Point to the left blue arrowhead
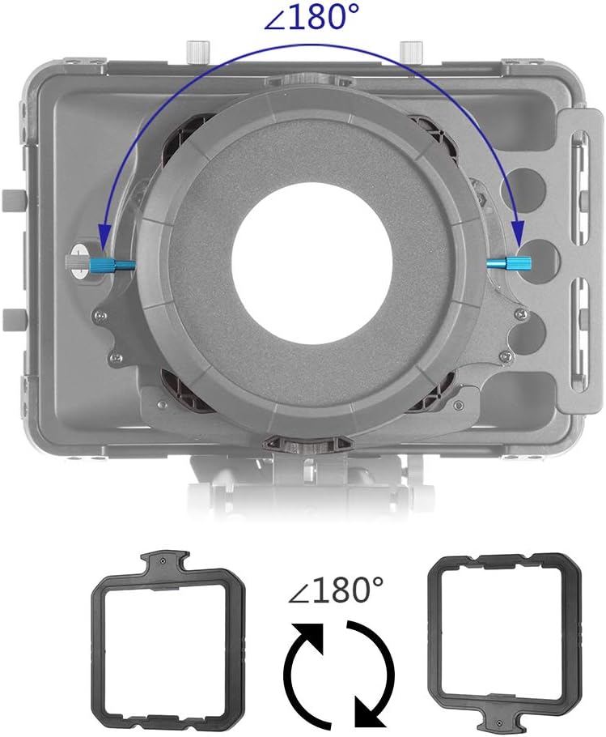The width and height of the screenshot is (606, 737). tap(104, 235)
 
